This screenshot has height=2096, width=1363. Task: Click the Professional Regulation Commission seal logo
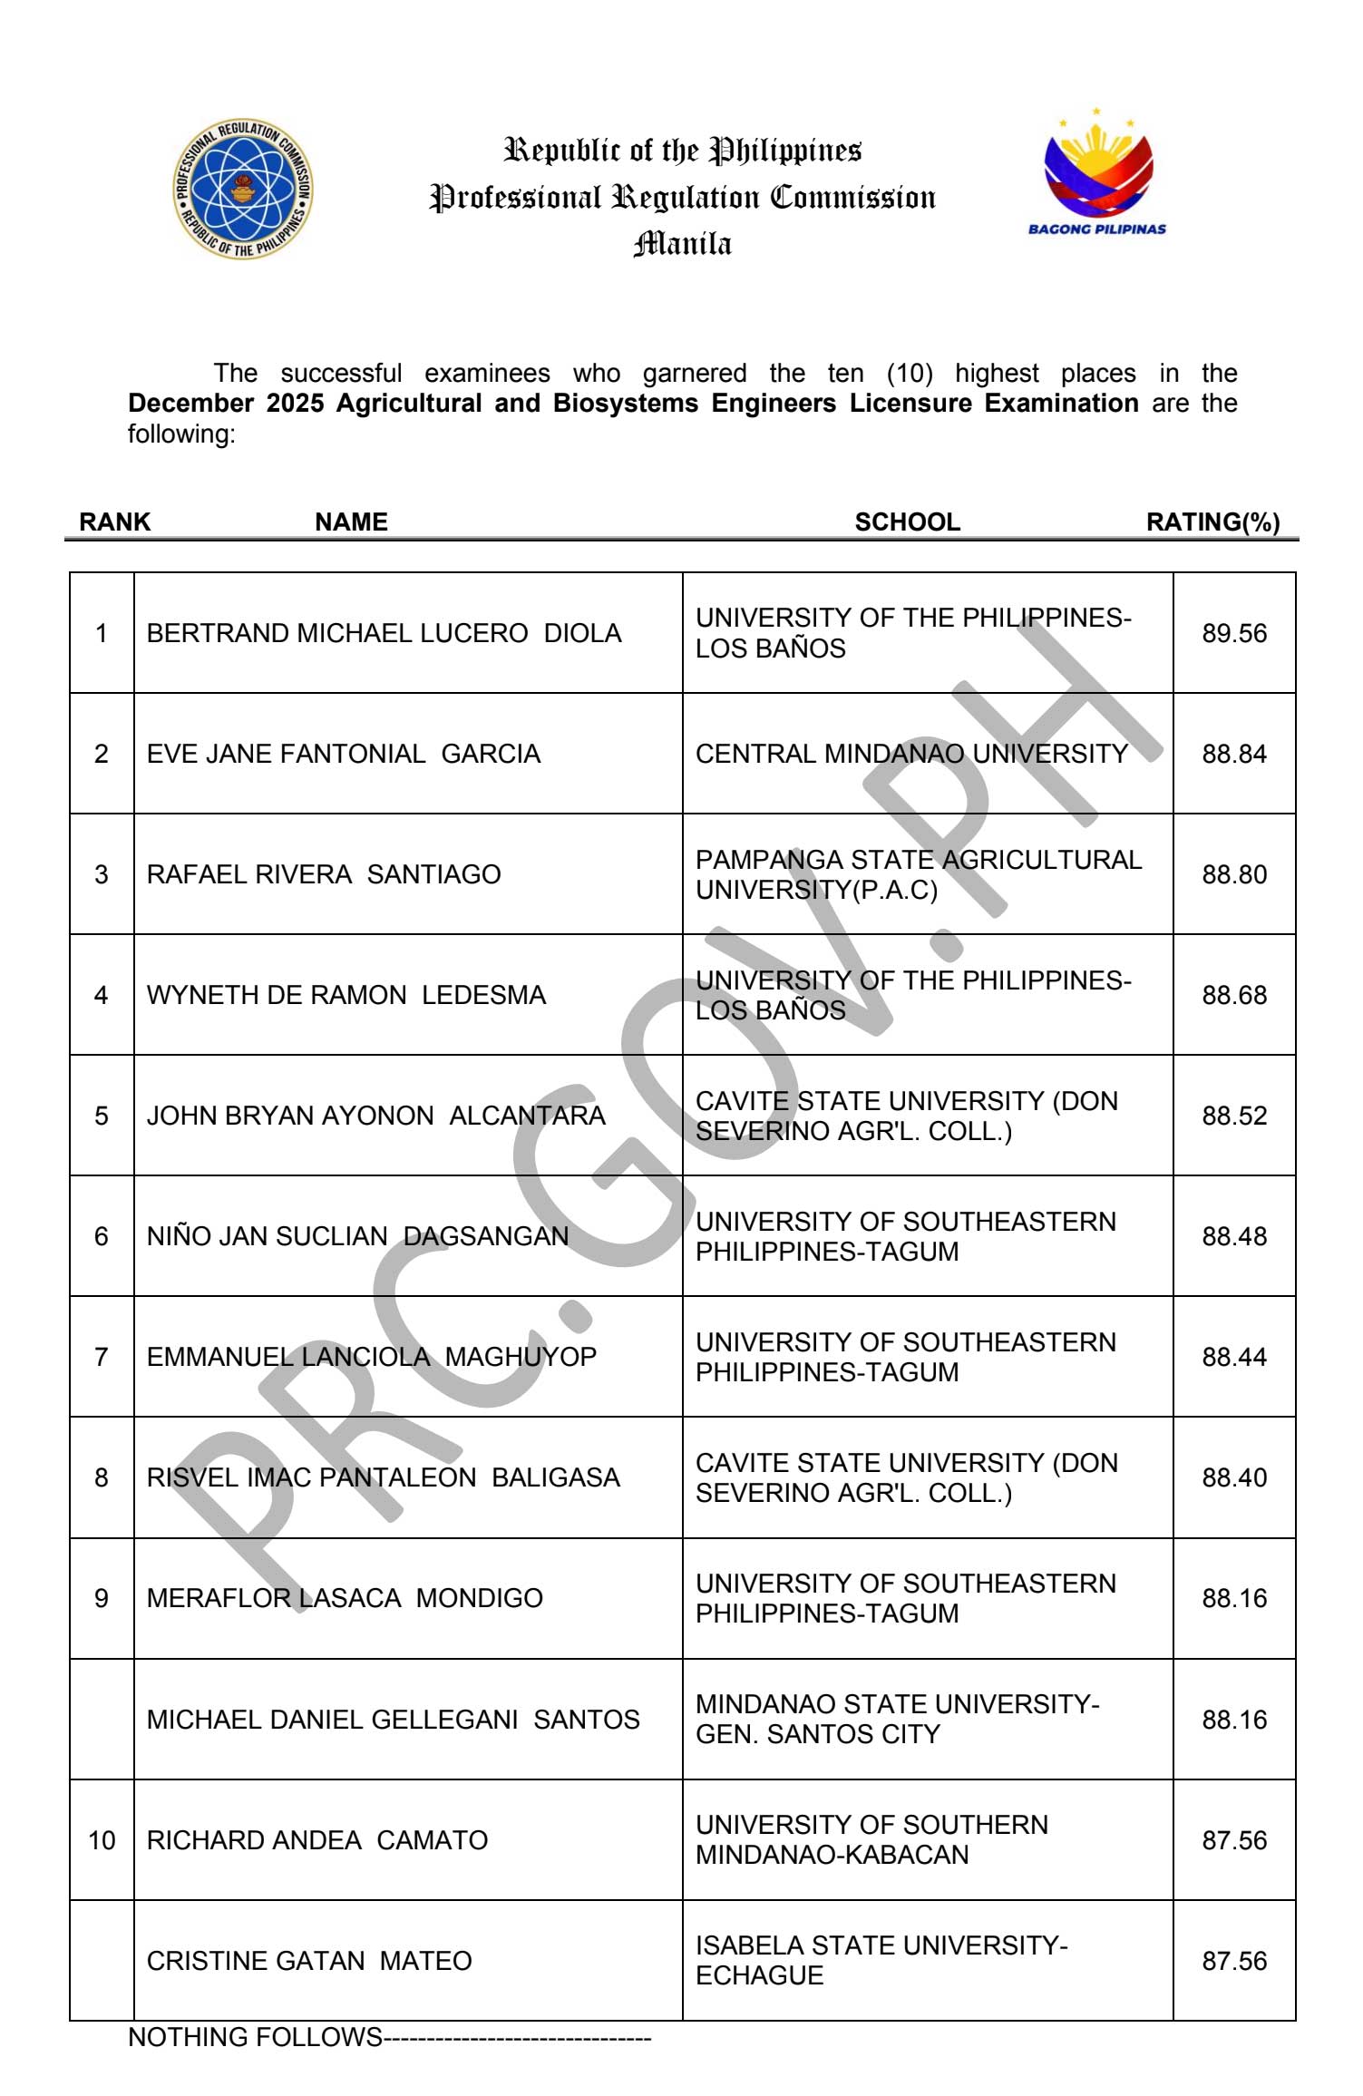pyautogui.click(x=243, y=189)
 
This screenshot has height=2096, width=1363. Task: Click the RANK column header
pyautogui.click(x=115, y=522)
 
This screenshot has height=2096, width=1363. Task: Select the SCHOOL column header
pyautogui.click(x=907, y=522)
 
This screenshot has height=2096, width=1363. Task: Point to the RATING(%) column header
pyautogui.click(x=1212, y=522)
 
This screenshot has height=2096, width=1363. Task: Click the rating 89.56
pyautogui.click(x=1233, y=633)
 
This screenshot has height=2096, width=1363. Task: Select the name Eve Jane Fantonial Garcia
pyautogui.click(x=343, y=754)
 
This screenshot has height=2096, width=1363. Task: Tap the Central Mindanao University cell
pyautogui.click(x=911, y=754)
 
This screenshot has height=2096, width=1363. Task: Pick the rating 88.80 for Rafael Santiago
pyautogui.click(x=1233, y=874)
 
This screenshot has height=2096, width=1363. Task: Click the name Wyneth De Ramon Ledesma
pyautogui.click(x=346, y=995)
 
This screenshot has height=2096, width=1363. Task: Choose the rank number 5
pyautogui.click(x=102, y=1116)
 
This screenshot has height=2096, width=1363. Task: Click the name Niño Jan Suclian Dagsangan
pyautogui.click(x=357, y=1236)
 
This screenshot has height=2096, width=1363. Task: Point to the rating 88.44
pyautogui.click(x=1233, y=1357)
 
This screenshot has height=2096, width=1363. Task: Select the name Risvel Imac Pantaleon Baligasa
pyautogui.click(x=383, y=1477)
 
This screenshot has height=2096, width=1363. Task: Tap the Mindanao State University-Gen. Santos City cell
pyautogui.click(x=897, y=1719)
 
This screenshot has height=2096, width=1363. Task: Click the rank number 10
pyautogui.click(x=102, y=1840)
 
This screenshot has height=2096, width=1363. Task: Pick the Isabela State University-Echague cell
pyautogui.click(x=881, y=1960)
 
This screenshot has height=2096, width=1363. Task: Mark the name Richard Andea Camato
pyautogui.click(x=316, y=1840)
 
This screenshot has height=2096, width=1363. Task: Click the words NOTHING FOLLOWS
pyautogui.click(x=255, y=2037)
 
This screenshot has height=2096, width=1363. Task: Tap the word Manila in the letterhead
pyautogui.click(x=682, y=244)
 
